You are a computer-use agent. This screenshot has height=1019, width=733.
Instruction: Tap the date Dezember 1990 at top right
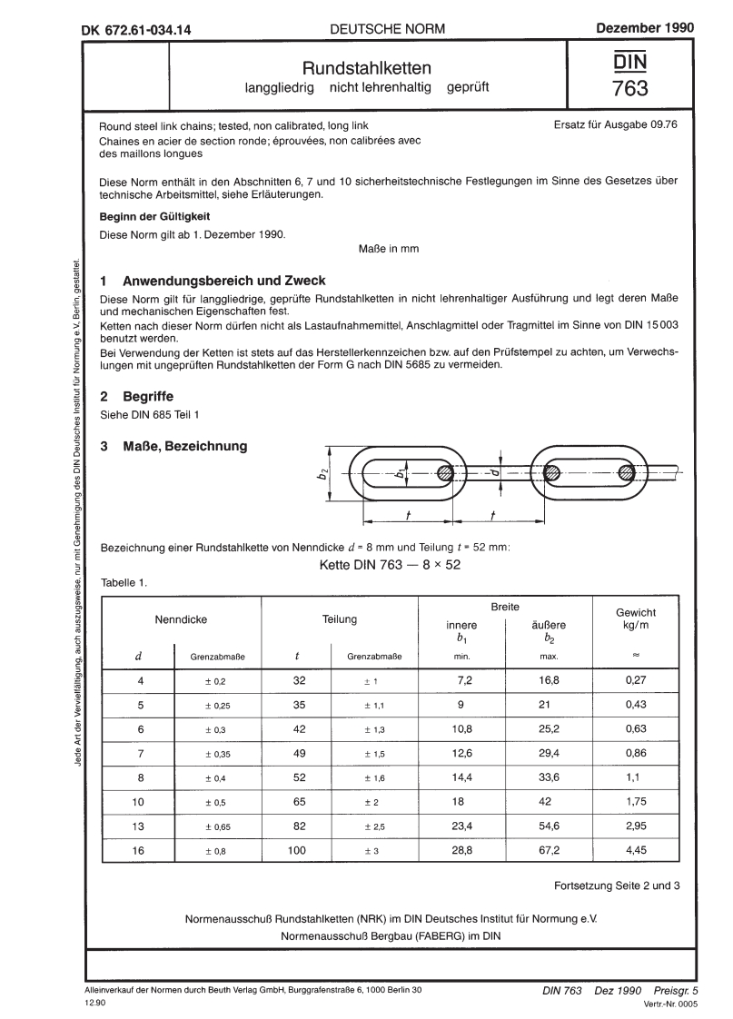[x=645, y=28]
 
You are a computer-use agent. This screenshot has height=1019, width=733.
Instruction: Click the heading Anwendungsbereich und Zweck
[x=223, y=281]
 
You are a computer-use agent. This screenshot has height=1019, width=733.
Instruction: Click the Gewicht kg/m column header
[x=636, y=619]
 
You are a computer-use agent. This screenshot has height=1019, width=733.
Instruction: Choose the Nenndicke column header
[x=182, y=619]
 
